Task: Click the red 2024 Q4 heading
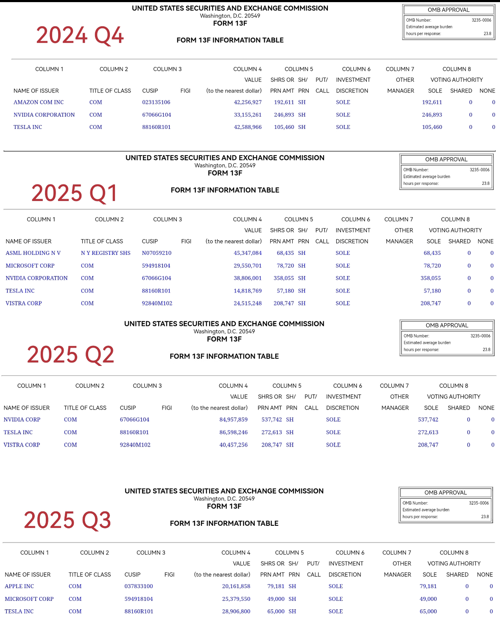80,35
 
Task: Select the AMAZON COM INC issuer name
39,102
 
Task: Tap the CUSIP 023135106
156,102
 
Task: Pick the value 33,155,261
248,115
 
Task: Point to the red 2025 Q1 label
74,193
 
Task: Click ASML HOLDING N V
33,253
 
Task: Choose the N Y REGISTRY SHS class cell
106,253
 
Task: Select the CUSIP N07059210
156,253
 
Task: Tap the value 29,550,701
248,266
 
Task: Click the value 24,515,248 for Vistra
248,304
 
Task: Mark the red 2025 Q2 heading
70,355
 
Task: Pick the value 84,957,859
233,420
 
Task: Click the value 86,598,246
233,433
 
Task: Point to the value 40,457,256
233,445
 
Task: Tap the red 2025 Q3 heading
67,520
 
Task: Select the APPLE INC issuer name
20,586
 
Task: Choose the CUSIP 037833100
139,586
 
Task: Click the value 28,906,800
236,611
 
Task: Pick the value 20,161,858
236,586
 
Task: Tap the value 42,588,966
248,127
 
